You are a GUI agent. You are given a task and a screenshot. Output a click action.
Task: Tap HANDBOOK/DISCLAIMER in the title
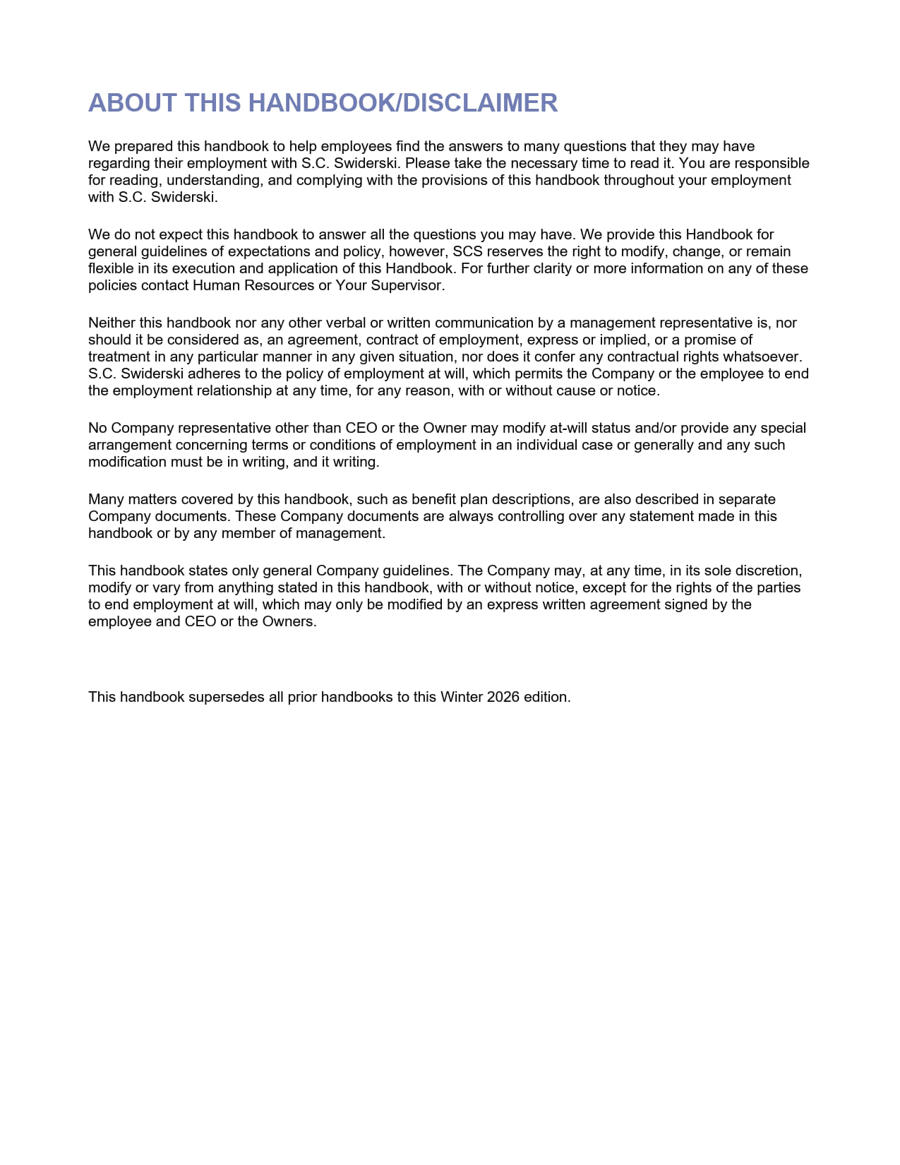[403, 103]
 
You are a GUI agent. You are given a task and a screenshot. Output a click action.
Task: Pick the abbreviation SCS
[467, 251]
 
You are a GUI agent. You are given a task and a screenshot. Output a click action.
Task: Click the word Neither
[112, 323]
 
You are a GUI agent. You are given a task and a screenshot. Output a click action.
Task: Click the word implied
[623, 340]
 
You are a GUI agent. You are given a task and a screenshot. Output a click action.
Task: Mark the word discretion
[768, 570]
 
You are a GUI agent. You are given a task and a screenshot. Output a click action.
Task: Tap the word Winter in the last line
[462, 697]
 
